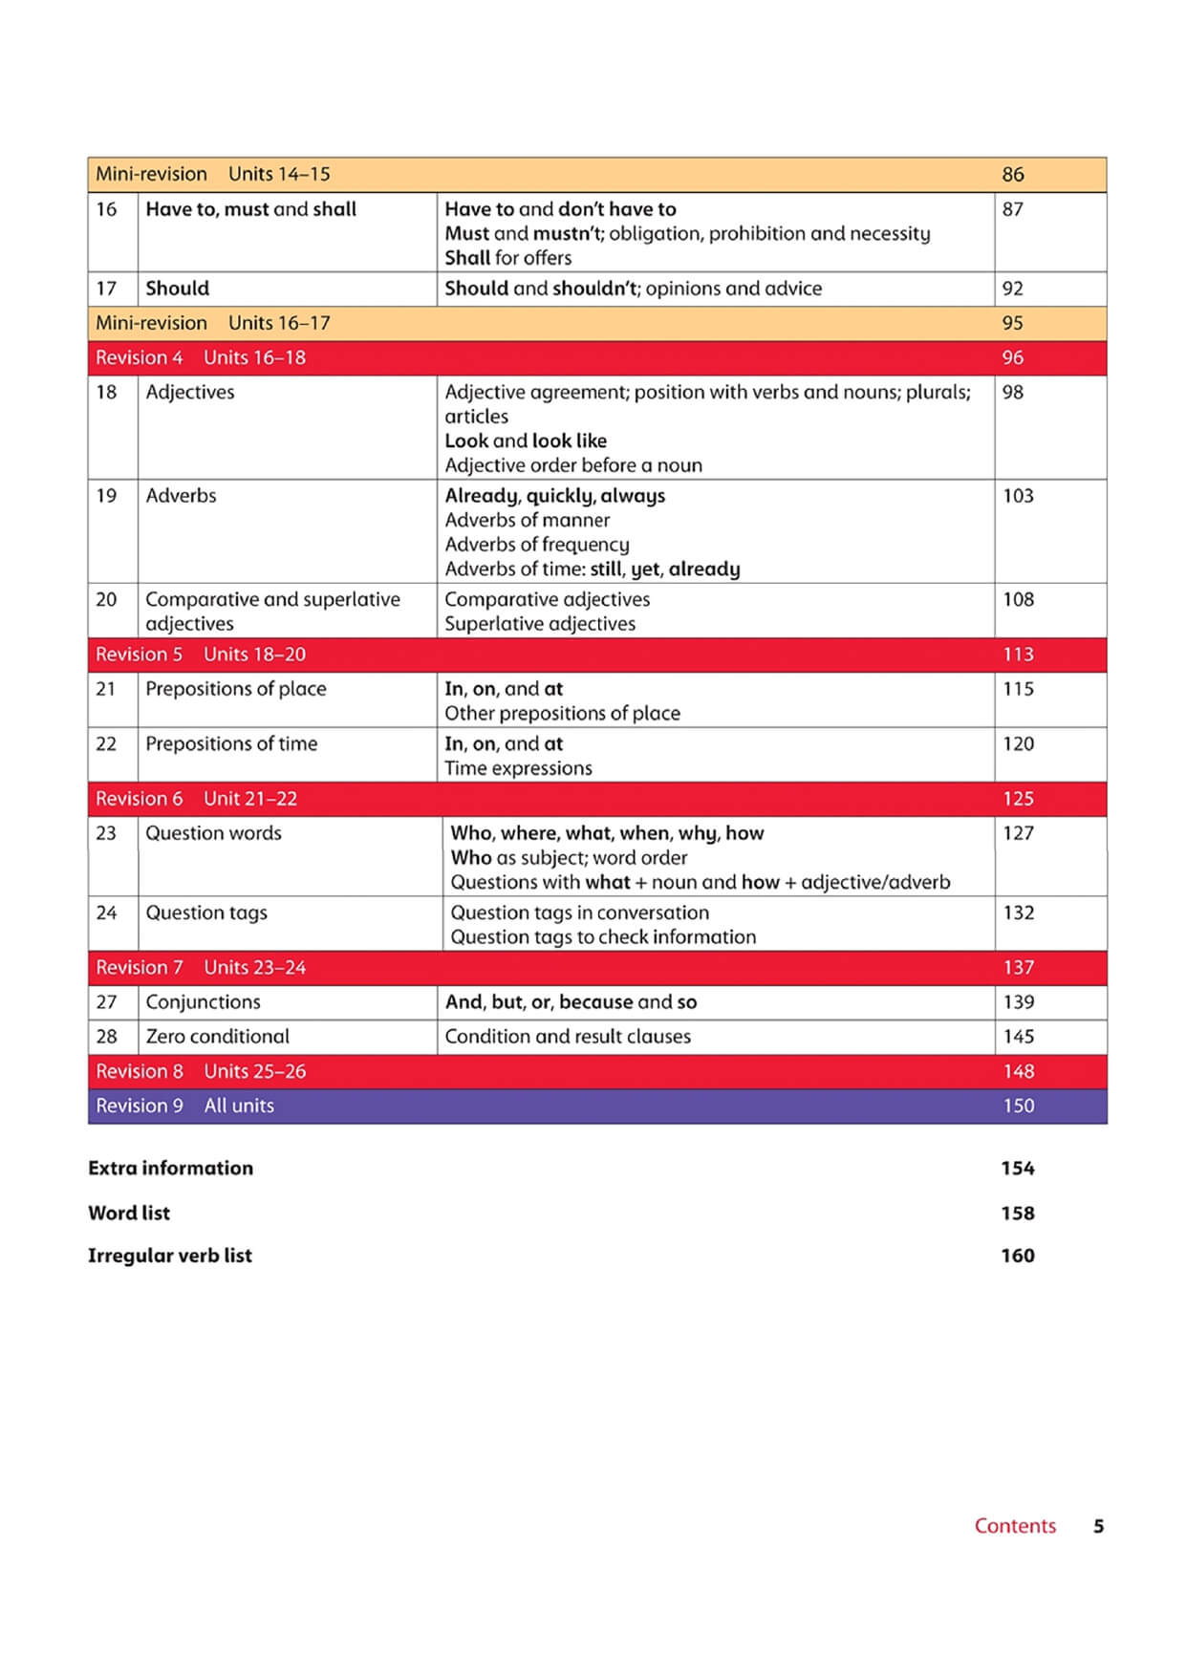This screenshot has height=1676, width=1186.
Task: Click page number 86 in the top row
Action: (x=1012, y=175)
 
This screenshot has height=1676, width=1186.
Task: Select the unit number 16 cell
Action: (x=106, y=209)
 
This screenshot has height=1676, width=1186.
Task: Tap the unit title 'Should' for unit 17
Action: (x=178, y=289)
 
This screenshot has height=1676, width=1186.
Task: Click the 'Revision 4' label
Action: (x=139, y=357)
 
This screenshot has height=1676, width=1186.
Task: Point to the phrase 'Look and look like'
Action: (x=526, y=441)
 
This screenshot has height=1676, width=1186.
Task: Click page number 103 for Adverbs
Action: (x=1018, y=496)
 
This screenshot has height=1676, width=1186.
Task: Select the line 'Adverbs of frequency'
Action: (x=537, y=545)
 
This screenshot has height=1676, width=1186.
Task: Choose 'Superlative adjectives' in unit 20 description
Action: (x=540, y=624)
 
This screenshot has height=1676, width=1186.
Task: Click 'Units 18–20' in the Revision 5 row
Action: (x=254, y=655)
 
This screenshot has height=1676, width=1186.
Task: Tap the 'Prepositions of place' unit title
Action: (x=236, y=689)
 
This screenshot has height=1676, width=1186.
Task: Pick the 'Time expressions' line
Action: (x=518, y=768)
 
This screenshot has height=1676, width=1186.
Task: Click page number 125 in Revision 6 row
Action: (x=1018, y=799)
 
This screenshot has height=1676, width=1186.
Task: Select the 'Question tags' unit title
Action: (x=206, y=913)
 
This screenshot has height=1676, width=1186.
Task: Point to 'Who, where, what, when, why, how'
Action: (x=607, y=833)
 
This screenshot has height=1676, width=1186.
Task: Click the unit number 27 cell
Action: (x=106, y=1002)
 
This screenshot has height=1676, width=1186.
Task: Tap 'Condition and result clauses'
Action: (x=568, y=1037)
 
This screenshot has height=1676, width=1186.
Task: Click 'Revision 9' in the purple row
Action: (x=140, y=1106)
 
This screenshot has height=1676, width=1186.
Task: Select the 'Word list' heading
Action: (x=129, y=1213)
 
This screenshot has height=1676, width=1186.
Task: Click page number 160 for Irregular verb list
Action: (x=1018, y=1256)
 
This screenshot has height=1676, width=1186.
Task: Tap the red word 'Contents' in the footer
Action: (x=1015, y=1526)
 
